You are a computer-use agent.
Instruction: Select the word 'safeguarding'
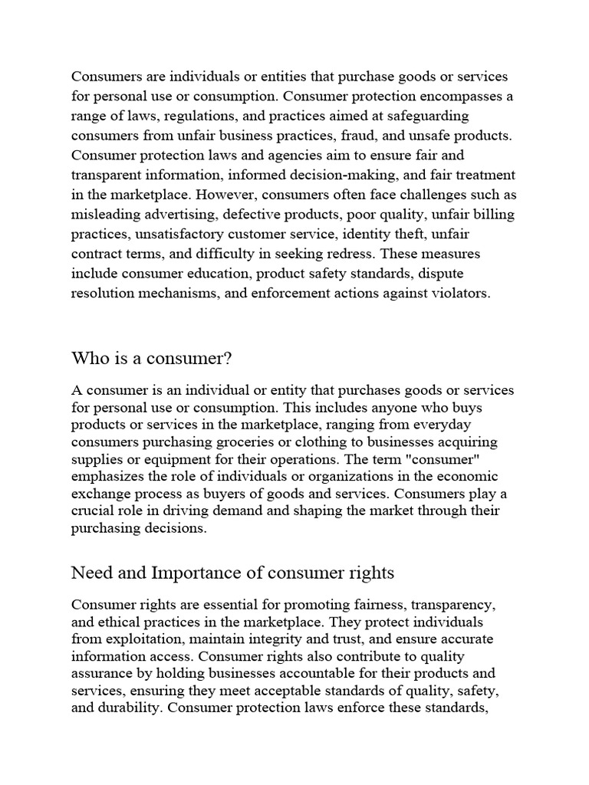click(x=428, y=116)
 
